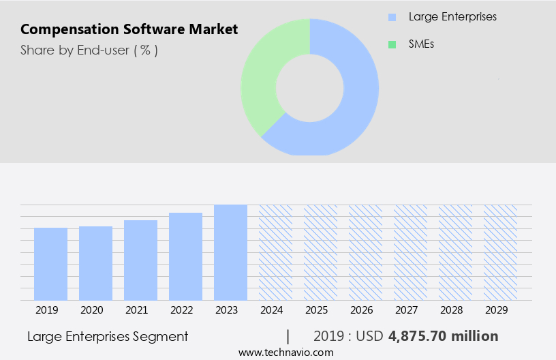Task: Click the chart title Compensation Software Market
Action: [x=129, y=29]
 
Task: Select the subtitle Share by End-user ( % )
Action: [x=89, y=50]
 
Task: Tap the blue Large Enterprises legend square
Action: [x=392, y=17]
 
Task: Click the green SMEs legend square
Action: [x=392, y=44]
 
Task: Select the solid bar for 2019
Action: [x=51, y=264]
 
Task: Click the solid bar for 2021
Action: [x=141, y=260]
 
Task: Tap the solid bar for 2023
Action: [x=230, y=252]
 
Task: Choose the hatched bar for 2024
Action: [x=275, y=252]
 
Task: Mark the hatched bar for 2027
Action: [x=410, y=252]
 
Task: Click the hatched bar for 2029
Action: [x=500, y=252]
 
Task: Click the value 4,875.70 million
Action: [x=443, y=336]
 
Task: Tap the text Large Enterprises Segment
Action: [x=108, y=336]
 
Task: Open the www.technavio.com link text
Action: [x=286, y=352]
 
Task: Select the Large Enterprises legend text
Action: [x=452, y=17]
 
